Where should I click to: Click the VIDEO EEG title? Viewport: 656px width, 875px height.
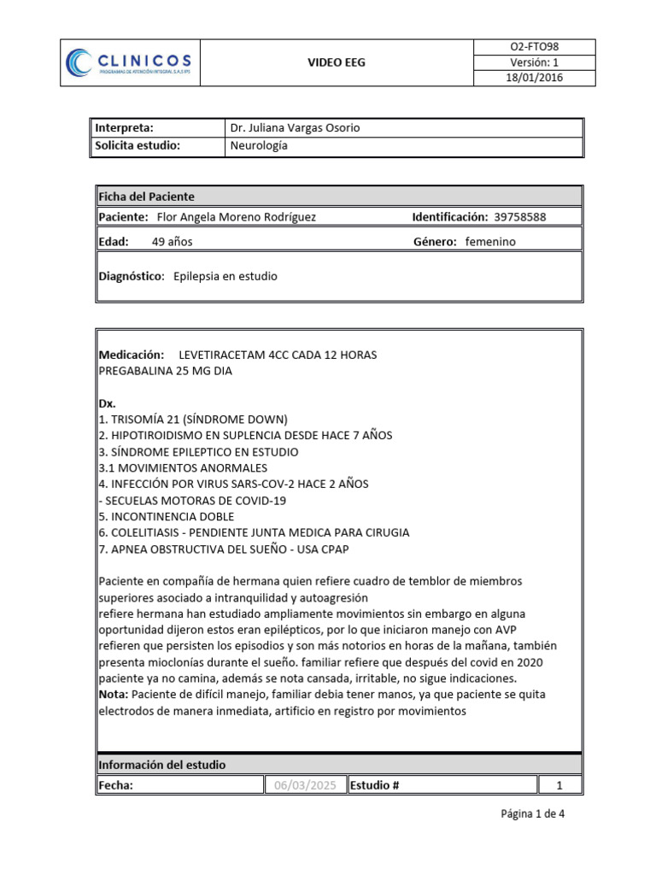(336, 62)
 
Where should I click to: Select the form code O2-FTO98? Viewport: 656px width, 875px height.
(533, 47)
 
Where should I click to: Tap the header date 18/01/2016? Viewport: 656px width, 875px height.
(533, 78)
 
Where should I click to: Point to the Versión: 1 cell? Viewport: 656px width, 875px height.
(533, 62)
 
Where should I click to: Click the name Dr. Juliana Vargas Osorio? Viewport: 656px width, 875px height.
(295, 127)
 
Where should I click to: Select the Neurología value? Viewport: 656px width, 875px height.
(259, 145)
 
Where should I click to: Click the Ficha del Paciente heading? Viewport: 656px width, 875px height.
(146, 196)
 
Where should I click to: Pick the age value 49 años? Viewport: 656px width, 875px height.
(172, 242)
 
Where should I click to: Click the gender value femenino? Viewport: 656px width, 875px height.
(490, 242)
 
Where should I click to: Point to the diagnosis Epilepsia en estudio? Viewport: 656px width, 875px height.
(225, 277)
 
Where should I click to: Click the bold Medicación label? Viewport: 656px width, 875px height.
(131, 355)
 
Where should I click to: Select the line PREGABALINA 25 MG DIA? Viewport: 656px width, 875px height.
(165, 371)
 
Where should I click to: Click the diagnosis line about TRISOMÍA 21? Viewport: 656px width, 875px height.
(193, 420)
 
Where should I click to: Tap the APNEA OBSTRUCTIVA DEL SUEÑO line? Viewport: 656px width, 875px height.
(224, 549)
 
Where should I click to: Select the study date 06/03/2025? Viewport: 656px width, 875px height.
(304, 785)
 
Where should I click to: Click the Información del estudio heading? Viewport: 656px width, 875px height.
(161, 765)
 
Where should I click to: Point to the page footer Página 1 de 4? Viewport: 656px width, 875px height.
(532, 814)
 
